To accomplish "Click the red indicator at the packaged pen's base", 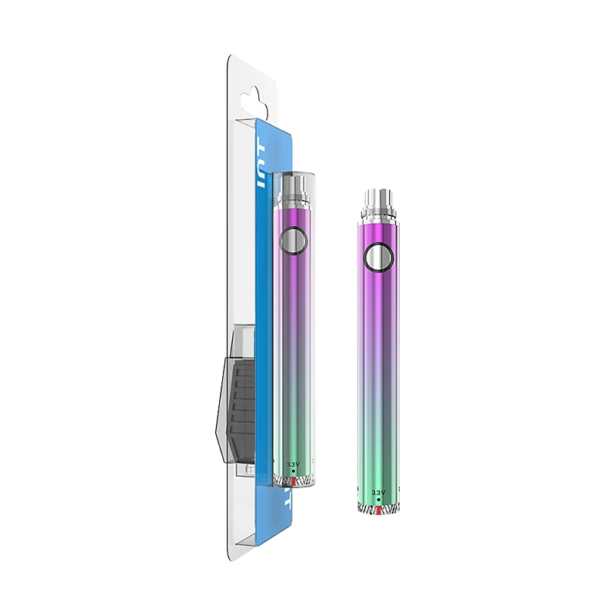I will (x=291, y=480).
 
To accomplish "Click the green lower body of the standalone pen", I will (x=377, y=454).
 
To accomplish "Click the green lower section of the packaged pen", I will (x=291, y=430).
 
